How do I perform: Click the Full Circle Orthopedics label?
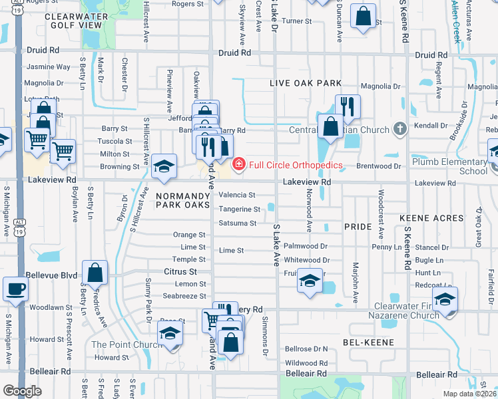coord(296,165)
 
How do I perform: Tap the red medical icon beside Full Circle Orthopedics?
coord(238,164)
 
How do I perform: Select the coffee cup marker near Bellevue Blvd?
coord(15,289)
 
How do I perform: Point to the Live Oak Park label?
coord(306,83)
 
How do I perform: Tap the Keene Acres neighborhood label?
coord(431,218)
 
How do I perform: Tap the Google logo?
coord(22,391)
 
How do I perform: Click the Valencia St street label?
coord(238,195)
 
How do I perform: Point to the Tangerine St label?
coord(239,209)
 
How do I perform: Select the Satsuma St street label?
coord(238,223)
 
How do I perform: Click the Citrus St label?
coord(181,272)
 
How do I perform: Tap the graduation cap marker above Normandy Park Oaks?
coord(163,168)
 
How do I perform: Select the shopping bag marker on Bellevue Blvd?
coord(95,273)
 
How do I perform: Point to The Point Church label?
coord(117,344)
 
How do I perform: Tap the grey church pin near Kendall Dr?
coord(399,128)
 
